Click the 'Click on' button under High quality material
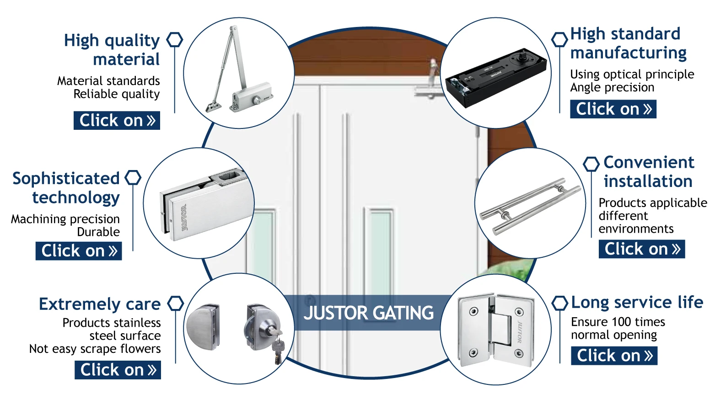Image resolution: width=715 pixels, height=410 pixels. [x=117, y=121]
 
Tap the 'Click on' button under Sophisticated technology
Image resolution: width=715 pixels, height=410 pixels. [x=79, y=251]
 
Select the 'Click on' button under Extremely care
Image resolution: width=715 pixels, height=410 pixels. [x=118, y=370]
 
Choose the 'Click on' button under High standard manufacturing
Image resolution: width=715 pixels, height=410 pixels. [x=613, y=109]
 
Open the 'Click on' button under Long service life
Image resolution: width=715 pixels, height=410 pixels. [x=614, y=356]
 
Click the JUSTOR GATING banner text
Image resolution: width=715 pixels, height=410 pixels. [x=368, y=313]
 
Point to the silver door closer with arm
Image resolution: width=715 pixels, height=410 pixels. [x=238, y=73]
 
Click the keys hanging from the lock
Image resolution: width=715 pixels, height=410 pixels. [x=278, y=349]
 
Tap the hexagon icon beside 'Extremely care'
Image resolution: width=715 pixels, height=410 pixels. [x=175, y=304]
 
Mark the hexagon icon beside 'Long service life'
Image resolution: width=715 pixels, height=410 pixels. [x=560, y=303]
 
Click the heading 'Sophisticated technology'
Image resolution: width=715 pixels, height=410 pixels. [x=66, y=188]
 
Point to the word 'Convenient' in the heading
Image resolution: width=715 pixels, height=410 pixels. [x=649, y=162]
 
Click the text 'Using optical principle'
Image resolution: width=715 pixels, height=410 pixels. [x=632, y=75]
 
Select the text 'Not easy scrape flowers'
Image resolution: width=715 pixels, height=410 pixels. [x=95, y=349]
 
